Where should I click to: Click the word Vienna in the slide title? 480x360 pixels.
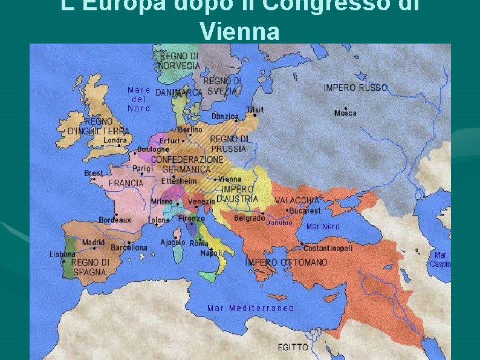[239, 30]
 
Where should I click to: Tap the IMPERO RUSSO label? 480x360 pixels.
[355, 88]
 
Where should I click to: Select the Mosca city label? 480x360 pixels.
[345, 113]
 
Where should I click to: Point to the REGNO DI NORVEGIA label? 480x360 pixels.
[180, 61]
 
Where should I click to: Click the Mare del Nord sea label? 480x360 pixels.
[139, 99]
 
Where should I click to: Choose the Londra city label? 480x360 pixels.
[115, 140]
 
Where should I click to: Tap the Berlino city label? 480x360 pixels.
[190, 129]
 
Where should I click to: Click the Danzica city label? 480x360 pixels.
[225, 116]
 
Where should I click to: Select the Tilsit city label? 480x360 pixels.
[255, 110]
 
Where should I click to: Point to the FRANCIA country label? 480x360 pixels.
[126, 183]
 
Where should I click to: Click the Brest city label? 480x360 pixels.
[94, 173]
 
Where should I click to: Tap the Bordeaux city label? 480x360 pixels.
[115, 220]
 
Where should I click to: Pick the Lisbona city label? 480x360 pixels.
[62, 254]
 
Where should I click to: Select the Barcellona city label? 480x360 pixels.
[129, 247]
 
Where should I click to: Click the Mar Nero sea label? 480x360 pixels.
[323, 226]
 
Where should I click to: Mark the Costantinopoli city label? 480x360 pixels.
[328, 248]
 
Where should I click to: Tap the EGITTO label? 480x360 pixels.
[293, 347]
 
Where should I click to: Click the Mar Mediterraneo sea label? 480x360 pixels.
[250, 308]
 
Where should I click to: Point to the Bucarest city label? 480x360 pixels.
[305, 211]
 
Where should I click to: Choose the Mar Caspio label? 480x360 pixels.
[440, 260]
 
